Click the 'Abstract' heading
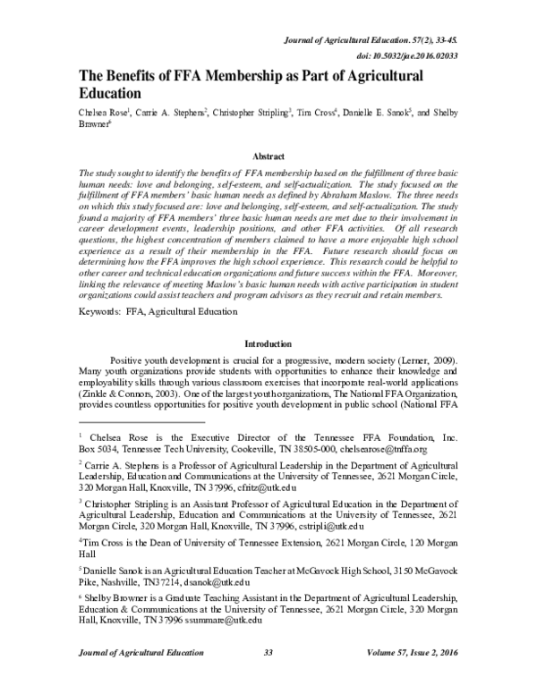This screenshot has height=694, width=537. (x=268, y=153)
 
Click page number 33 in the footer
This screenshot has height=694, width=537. (x=268, y=676)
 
